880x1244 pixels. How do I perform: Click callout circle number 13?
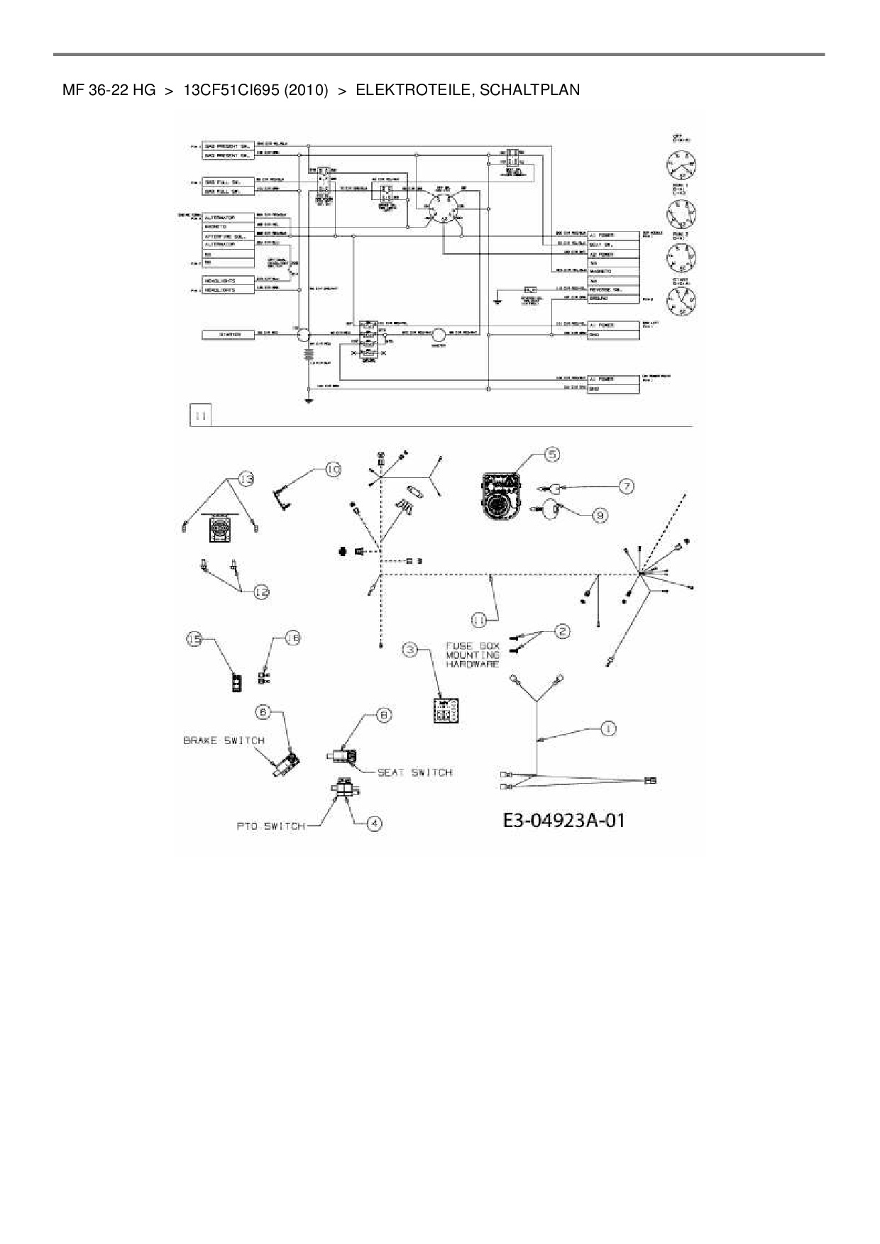(246, 479)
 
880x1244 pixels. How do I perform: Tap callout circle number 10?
(333, 469)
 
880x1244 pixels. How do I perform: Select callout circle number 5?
(552, 454)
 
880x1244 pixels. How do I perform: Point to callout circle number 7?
(625, 487)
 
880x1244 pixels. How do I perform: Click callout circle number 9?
(600, 516)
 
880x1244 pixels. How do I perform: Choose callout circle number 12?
(261, 592)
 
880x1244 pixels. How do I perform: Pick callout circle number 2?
(561, 631)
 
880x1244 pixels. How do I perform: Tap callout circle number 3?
(410, 649)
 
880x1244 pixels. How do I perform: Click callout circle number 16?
(292, 638)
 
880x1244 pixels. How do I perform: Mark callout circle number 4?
(374, 823)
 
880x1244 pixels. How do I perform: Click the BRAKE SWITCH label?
(224, 740)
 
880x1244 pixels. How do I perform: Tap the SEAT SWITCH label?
(414, 772)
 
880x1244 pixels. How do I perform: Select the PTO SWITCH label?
(270, 826)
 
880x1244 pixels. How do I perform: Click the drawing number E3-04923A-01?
(564, 821)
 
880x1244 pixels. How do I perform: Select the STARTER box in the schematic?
(228, 334)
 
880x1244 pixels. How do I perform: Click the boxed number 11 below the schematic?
(201, 416)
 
